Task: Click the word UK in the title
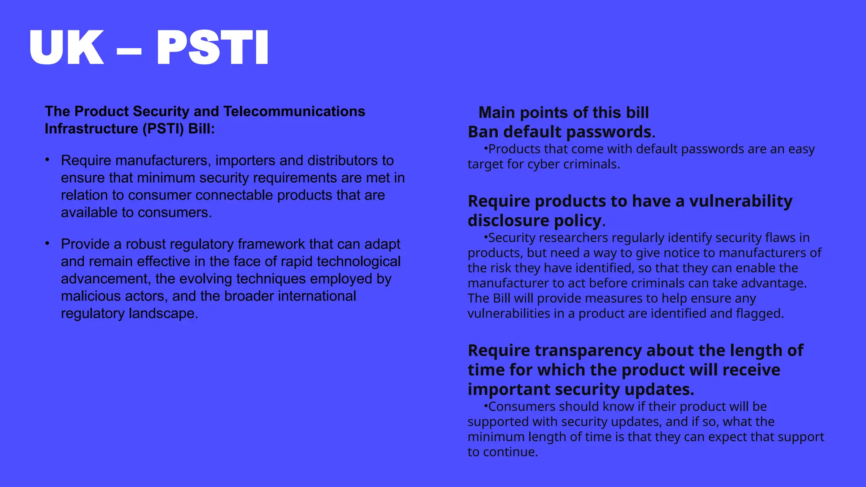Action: [66, 47]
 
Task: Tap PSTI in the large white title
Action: [212, 47]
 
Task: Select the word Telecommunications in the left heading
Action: [294, 111]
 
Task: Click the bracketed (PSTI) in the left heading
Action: [163, 129]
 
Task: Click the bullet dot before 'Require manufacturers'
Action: [48, 160]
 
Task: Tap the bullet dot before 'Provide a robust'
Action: [48, 243]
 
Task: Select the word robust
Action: [145, 244]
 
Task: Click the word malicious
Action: [86, 296]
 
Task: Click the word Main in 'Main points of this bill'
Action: [496, 113]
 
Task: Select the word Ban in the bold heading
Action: [483, 132]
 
